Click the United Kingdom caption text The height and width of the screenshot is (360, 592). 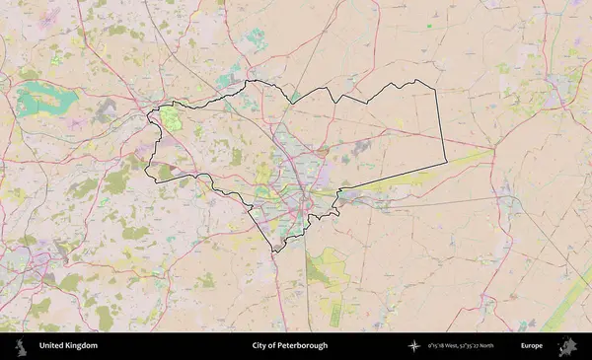click(68, 346)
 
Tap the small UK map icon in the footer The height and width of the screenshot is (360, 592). click(20, 346)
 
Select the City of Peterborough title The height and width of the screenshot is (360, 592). click(289, 346)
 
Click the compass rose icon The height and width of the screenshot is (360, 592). click(414, 346)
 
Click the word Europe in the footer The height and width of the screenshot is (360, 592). click(532, 346)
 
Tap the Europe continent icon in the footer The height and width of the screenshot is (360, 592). click(567, 346)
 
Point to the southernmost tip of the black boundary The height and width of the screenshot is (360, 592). click(275, 251)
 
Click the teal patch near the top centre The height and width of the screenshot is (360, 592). click(255, 39)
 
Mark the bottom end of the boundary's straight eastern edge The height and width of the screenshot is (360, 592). click(446, 163)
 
